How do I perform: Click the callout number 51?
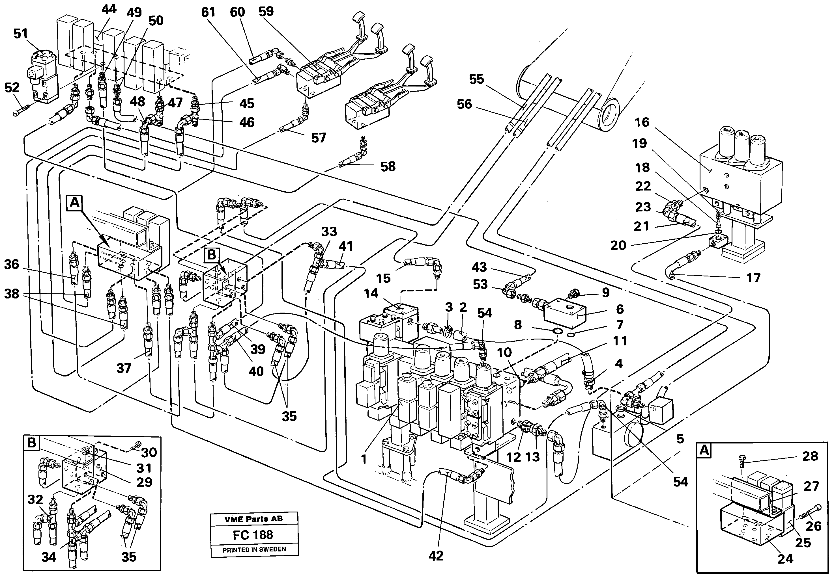[x=21, y=34]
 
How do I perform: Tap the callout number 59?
[x=266, y=11]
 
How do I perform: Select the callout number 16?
[x=642, y=122]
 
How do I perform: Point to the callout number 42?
[x=436, y=556]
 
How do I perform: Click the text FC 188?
[x=253, y=534]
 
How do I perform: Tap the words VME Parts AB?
[x=253, y=519]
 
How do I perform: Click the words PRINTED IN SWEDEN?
[x=254, y=549]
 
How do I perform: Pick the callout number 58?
[x=388, y=166]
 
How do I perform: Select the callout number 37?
[x=124, y=368]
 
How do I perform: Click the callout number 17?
[x=753, y=278]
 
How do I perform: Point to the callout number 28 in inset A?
[x=810, y=456]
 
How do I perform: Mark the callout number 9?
[x=606, y=293]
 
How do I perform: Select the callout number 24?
[x=785, y=559]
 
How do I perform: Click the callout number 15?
[x=383, y=278]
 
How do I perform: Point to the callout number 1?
[x=364, y=459]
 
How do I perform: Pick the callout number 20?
[x=618, y=246]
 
